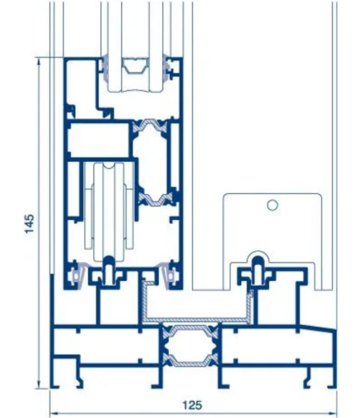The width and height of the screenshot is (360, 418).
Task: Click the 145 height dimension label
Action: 29,224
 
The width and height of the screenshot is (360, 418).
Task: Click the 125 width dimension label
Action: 192,405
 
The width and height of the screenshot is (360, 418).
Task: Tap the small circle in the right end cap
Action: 273,205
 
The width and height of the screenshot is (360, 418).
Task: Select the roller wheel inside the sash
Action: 109,212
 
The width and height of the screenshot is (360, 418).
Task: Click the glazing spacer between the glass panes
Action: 136,66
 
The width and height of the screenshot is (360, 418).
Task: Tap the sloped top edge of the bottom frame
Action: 318,328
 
